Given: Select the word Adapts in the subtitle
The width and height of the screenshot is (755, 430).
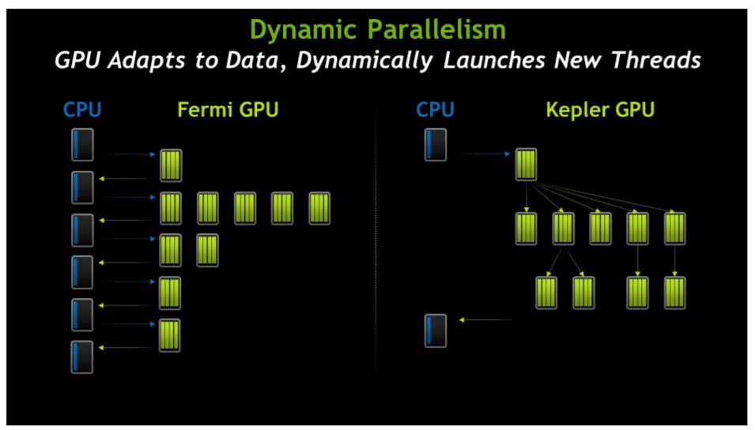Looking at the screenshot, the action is click(x=146, y=61).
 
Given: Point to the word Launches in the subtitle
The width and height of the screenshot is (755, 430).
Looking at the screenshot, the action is click(x=493, y=60).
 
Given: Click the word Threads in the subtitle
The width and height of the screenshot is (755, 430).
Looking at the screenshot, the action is click(x=656, y=60).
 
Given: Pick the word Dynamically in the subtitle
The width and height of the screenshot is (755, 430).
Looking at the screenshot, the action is click(x=364, y=61).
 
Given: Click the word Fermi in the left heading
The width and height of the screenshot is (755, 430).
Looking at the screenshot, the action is click(x=206, y=110).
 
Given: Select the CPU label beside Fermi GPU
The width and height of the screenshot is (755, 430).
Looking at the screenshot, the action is click(x=82, y=110).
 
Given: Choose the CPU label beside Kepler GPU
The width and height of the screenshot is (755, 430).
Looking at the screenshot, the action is click(x=436, y=110).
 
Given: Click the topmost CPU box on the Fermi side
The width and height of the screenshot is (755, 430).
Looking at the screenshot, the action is click(x=82, y=145).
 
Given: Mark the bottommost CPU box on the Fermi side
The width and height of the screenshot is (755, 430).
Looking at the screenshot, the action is click(x=82, y=357).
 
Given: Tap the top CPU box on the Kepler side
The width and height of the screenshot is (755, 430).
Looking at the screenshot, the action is click(x=436, y=145).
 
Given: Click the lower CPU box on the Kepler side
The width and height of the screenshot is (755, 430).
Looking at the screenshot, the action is click(x=436, y=331).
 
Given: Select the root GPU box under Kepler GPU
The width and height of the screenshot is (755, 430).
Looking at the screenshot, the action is click(x=526, y=164).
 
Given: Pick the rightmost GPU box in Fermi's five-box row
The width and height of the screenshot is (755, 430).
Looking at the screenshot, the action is click(x=319, y=209).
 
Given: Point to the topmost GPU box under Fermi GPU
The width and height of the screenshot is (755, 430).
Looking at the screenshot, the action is click(x=171, y=166).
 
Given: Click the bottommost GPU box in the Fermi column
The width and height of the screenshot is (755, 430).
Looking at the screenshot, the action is click(x=169, y=336).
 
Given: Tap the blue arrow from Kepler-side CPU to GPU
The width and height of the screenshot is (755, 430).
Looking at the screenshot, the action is click(x=483, y=154).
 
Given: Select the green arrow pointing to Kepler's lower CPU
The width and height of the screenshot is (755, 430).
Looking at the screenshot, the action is click(x=486, y=319).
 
